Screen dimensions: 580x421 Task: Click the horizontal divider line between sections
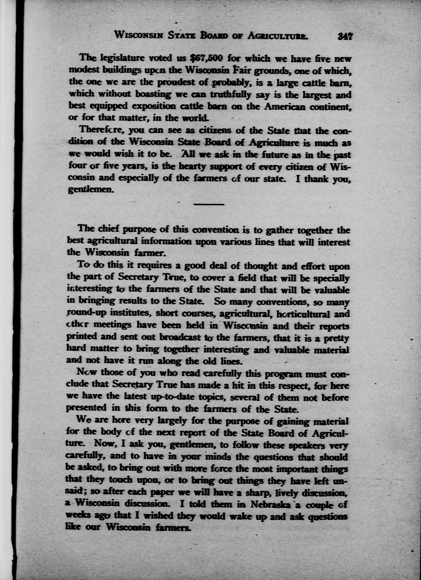[209, 204]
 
